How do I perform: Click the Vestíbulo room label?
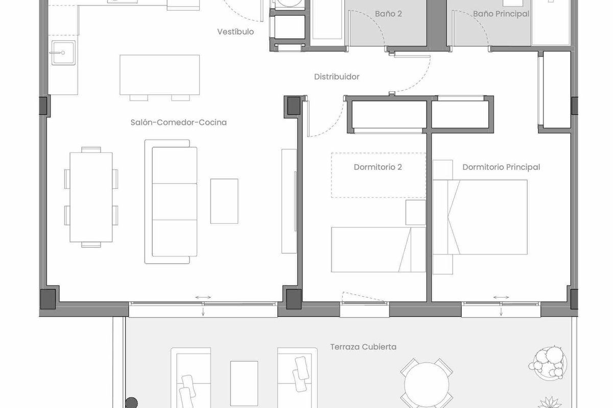coord(235,32)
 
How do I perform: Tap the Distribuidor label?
coord(337,77)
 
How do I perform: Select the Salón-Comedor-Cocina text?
coord(178,122)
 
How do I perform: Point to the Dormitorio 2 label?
coord(378,167)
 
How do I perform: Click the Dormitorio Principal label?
coord(501,167)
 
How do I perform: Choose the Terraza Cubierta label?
coord(363,347)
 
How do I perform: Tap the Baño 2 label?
coord(388,14)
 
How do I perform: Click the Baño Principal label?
coord(501,14)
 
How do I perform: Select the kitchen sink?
coord(63,53)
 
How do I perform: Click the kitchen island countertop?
coord(159,75)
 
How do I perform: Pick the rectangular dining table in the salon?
coord(91,197)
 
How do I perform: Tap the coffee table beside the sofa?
coord(224,201)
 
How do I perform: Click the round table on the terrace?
coord(427,384)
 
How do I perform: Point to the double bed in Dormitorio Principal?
coord(480,217)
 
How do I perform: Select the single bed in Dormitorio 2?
coord(378,249)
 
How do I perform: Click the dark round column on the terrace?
coord(131,403)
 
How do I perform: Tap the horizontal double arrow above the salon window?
coord(203,297)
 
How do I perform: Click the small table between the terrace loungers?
coord(244,383)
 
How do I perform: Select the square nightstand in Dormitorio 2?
coord(415,212)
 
